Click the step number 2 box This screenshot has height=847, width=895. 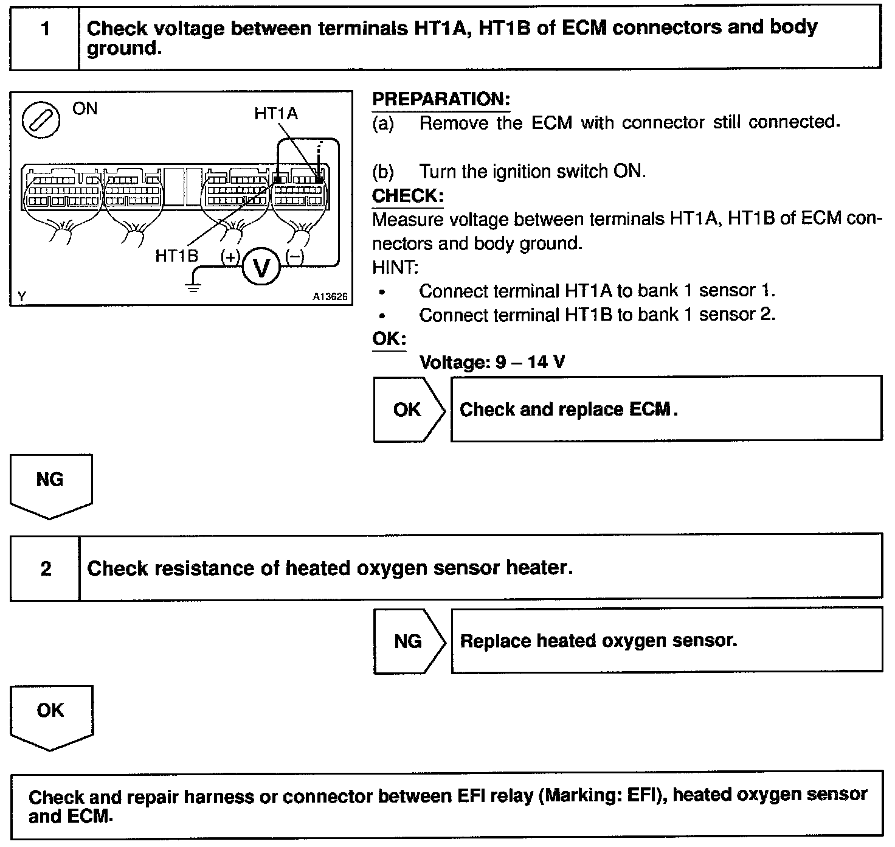coord(46,568)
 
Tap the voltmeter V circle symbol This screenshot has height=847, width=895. coord(261,267)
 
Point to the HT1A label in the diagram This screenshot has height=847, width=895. coord(276,114)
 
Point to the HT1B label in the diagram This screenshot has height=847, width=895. coord(177,256)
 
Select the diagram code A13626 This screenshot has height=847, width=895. coord(330,297)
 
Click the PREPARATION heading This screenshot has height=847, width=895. coord(441,99)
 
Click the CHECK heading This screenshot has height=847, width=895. coord(407,196)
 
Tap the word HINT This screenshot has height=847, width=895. coord(395,267)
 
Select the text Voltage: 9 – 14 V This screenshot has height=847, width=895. coord(492,363)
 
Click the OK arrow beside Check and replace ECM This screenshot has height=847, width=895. coord(409,409)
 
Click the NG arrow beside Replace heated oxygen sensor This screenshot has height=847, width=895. coord(409,641)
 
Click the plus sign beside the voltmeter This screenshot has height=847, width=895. coord(230,257)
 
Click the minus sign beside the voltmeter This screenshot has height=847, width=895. coord(295,257)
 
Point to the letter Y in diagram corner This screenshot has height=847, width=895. coord(22,296)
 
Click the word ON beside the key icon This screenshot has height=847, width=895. coord(85,109)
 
